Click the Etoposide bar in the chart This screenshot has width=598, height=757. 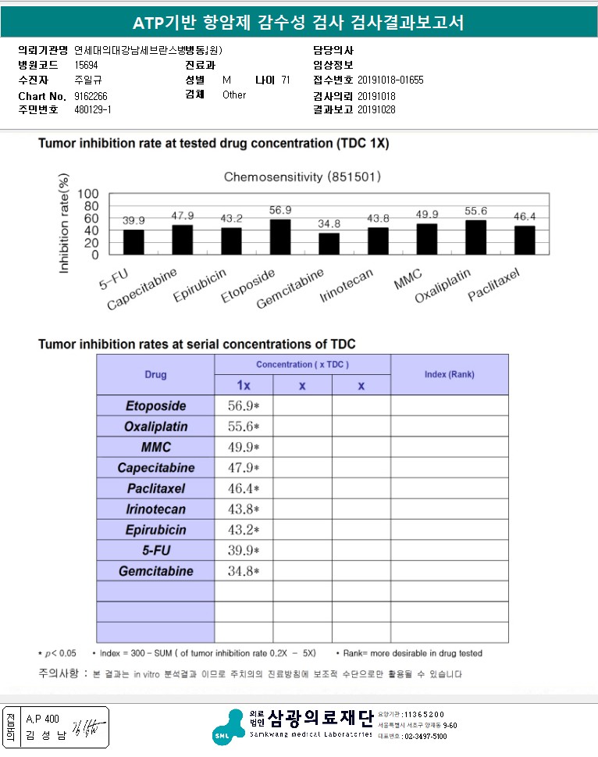pyautogui.click(x=280, y=237)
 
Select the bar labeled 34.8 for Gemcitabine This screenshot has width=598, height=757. pyautogui.click(x=329, y=244)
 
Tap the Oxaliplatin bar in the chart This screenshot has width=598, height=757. pyautogui.click(x=475, y=237)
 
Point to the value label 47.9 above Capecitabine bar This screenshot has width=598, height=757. pyautogui.click(x=182, y=215)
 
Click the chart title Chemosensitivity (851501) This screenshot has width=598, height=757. pyautogui.click(x=302, y=177)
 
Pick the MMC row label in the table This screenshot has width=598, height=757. pyautogui.click(x=155, y=448)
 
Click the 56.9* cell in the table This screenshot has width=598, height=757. pyautogui.click(x=243, y=406)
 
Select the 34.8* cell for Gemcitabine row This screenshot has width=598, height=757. pyautogui.click(x=243, y=571)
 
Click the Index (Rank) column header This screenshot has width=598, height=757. pyautogui.click(x=449, y=374)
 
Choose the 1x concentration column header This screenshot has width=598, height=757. pyautogui.click(x=244, y=386)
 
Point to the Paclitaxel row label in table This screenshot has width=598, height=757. pyautogui.click(x=155, y=488)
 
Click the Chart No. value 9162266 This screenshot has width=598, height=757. pyautogui.click(x=91, y=95)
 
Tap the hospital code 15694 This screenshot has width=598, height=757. pyautogui.click(x=86, y=65)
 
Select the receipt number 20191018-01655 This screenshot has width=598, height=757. pyautogui.click(x=390, y=80)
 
